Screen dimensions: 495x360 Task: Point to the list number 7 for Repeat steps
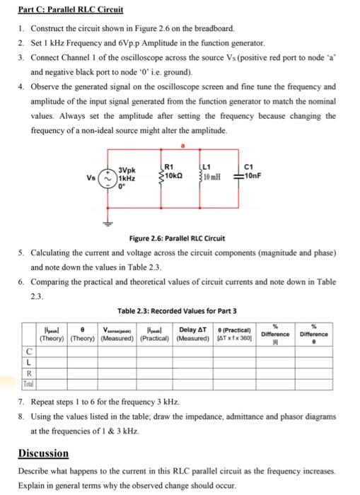point(21,400)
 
